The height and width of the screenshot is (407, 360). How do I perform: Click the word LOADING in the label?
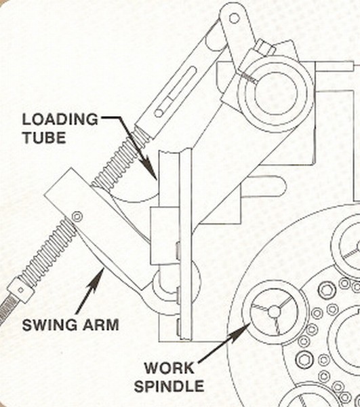click(60, 119)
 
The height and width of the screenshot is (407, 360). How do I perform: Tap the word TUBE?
click(44, 138)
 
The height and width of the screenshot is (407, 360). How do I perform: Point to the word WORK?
click(169, 368)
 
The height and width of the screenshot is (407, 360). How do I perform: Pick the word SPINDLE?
click(169, 386)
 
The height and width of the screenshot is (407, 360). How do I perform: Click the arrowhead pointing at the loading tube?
click(150, 168)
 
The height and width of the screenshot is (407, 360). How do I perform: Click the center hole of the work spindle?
click(274, 311)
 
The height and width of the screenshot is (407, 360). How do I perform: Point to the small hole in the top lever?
click(234, 18)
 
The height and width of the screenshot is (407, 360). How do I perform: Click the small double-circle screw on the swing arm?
click(77, 216)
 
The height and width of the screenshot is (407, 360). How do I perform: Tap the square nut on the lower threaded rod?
click(21, 290)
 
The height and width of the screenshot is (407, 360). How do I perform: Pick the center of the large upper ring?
click(275, 94)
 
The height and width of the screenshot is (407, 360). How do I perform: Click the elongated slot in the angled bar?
click(176, 92)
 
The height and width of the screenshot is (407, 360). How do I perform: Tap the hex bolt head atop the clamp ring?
click(264, 48)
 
